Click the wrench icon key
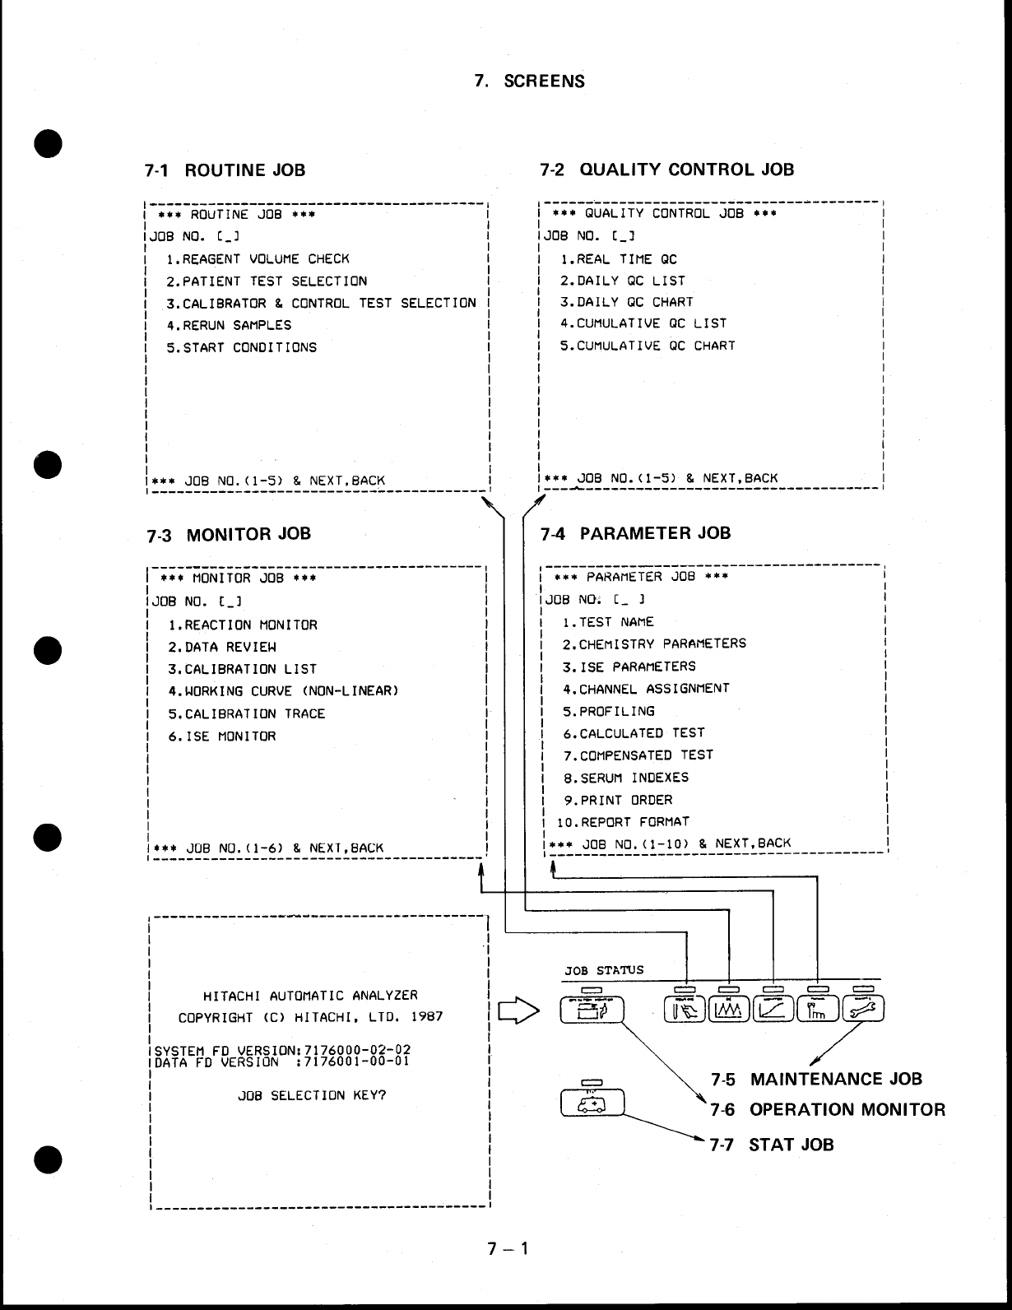click(862, 1008)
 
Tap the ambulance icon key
click(592, 1102)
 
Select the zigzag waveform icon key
click(729, 1008)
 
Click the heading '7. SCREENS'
click(530, 81)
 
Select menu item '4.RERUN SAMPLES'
click(229, 325)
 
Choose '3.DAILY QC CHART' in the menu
click(627, 302)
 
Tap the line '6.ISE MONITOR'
click(222, 736)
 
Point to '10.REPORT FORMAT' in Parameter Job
click(623, 822)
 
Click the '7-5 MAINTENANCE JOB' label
click(816, 1079)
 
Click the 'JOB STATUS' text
click(604, 970)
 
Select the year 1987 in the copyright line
click(426, 1017)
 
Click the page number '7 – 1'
click(507, 1249)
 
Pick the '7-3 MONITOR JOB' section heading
click(229, 534)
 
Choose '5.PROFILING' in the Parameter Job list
click(609, 711)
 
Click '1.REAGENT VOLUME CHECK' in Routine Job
click(258, 258)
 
